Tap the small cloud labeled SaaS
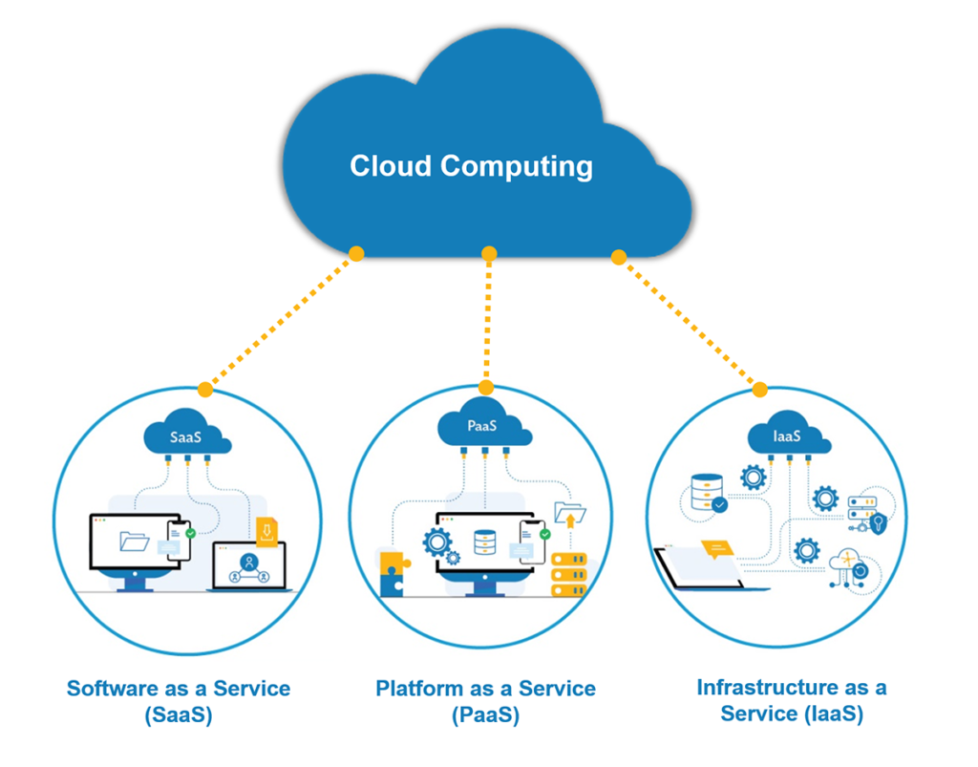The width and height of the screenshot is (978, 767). (187, 437)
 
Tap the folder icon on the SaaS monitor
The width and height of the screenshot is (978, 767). (134, 542)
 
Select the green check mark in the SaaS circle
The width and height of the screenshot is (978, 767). (190, 533)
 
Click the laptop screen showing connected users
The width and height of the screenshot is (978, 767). (249, 564)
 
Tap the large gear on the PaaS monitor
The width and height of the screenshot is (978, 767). (438, 542)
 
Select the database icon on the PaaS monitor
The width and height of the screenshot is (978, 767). (485, 543)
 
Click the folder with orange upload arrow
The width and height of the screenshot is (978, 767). (570, 516)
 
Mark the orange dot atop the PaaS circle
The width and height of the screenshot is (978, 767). (486, 388)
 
